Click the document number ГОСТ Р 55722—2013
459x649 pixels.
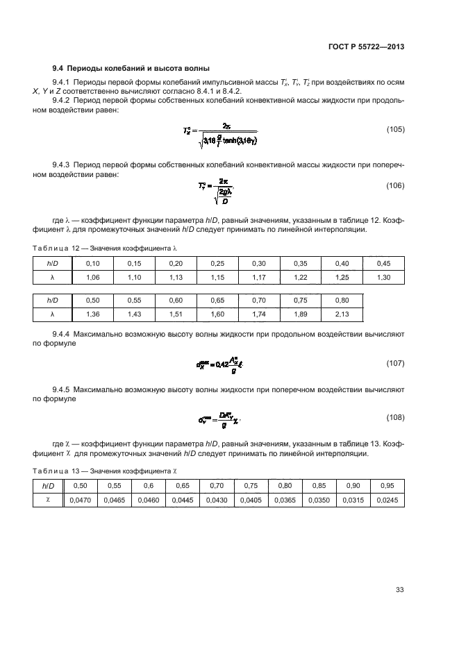click(366, 47)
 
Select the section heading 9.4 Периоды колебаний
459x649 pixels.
click(131, 68)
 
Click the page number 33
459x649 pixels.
click(400, 590)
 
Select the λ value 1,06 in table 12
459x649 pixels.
click(92, 277)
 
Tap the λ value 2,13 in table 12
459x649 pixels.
click(342, 314)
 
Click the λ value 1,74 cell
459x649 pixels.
click(259, 314)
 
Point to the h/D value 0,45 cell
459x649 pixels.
click(383, 263)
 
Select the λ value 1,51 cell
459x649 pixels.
click(176, 314)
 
